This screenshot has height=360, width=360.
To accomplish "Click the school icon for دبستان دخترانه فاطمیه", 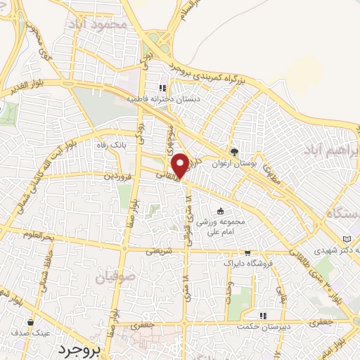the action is point(163,89).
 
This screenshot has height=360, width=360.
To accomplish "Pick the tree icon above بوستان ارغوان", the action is point(234,150).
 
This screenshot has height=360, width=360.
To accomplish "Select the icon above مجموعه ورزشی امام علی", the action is point(221,211).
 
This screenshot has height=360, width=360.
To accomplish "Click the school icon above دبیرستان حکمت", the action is point(263,316).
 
